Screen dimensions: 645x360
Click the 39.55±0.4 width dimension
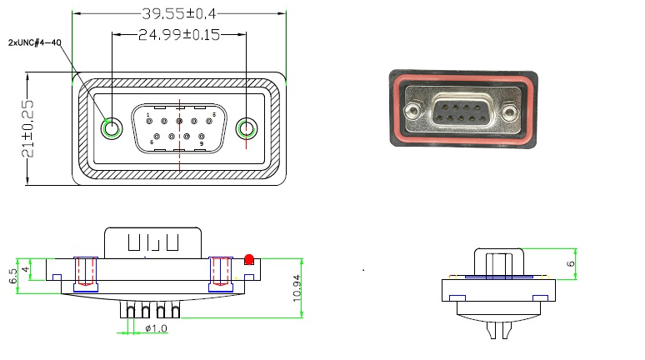click(x=179, y=13)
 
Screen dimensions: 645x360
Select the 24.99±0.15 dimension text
click(x=179, y=34)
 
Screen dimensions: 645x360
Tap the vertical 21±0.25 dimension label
click(x=28, y=128)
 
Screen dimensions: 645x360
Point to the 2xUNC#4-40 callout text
click(x=34, y=42)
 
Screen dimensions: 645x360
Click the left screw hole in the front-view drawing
click(x=112, y=128)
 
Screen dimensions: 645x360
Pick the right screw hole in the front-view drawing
click(x=247, y=128)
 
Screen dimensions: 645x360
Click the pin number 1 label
click(x=148, y=115)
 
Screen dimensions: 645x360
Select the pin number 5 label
click(x=214, y=114)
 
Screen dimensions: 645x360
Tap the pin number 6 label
click(x=152, y=142)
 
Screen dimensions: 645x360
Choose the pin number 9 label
click(x=202, y=143)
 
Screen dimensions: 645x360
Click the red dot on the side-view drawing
click(x=249, y=259)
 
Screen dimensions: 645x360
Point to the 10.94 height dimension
click(x=297, y=288)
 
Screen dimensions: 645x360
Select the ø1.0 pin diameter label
click(x=157, y=328)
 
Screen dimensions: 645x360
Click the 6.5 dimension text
click(x=12, y=276)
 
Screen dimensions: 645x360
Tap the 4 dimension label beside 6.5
click(x=26, y=269)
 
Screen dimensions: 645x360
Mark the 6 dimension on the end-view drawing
click(x=571, y=263)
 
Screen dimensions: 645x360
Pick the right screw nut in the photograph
click(x=510, y=111)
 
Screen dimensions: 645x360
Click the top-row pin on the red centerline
click(x=179, y=121)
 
